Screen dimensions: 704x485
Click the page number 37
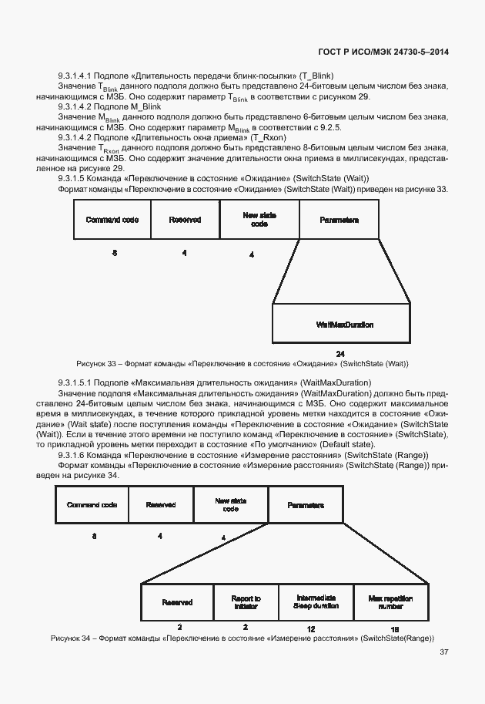pyautogui.click(x=444, y=652)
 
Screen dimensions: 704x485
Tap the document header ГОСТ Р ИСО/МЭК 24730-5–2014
pyautogui.click(x=383, y=52)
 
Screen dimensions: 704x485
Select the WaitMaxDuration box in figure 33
pyautogui.click(x=345, y=324)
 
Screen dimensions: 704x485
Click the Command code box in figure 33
pyautogui.click(x=112, y=220)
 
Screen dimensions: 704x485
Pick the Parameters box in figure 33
pyautogui.click(x=339, y=220)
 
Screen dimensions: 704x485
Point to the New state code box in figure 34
pyautogui.click(x=229, y=505)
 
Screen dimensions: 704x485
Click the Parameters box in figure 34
pyautogui.click(x=306, y=505)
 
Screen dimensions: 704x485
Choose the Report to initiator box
pyautogui.click(x=246, y=602)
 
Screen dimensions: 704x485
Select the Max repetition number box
pyautogui.click(x=390, y=602)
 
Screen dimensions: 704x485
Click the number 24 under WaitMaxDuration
pyautogui.click(x=339, y=354)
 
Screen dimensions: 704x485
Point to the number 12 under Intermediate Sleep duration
pyautogui.click(x=310, y=629)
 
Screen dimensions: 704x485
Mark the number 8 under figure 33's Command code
pyautogui.click(x=115, y=253)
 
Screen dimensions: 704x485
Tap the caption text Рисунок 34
pyautogui.click(x=71, y=638)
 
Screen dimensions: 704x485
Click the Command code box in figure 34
pyautogui.click(x=92, y=505)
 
